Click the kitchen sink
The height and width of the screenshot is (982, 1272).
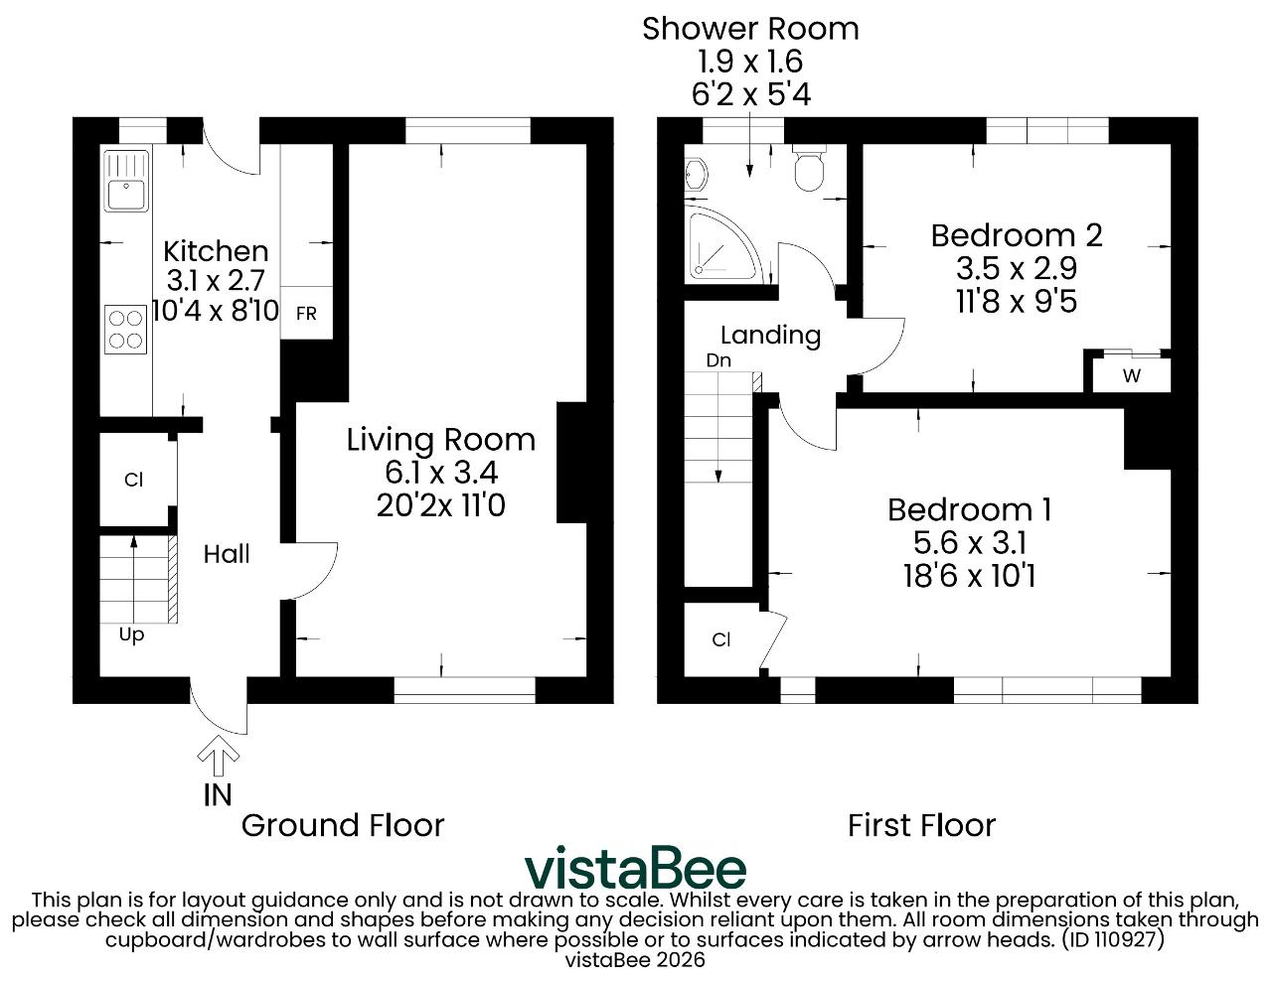[126, 181]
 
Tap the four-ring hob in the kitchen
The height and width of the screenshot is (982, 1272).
[126, 330]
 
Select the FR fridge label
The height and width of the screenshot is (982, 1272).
[306, 314]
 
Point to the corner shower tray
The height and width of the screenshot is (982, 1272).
[720, 244]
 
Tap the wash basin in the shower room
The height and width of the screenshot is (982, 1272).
[696, 174]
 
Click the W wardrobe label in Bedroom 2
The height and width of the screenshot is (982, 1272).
[1132, 376]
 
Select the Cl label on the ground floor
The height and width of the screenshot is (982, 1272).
[133, 480]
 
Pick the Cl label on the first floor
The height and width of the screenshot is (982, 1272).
[721, 639]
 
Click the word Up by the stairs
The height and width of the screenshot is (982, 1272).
[131, 635]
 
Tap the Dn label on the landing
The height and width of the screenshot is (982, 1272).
[718, 360]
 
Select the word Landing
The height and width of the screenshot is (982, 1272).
[770, 336]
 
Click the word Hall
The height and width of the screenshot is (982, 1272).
[226, 554]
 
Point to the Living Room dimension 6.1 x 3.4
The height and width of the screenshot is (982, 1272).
[441, 473]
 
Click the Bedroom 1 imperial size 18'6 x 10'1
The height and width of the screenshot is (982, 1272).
[969, 576]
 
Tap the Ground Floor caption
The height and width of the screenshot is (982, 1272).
[343, 826]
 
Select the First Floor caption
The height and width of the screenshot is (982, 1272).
[921, 826]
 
